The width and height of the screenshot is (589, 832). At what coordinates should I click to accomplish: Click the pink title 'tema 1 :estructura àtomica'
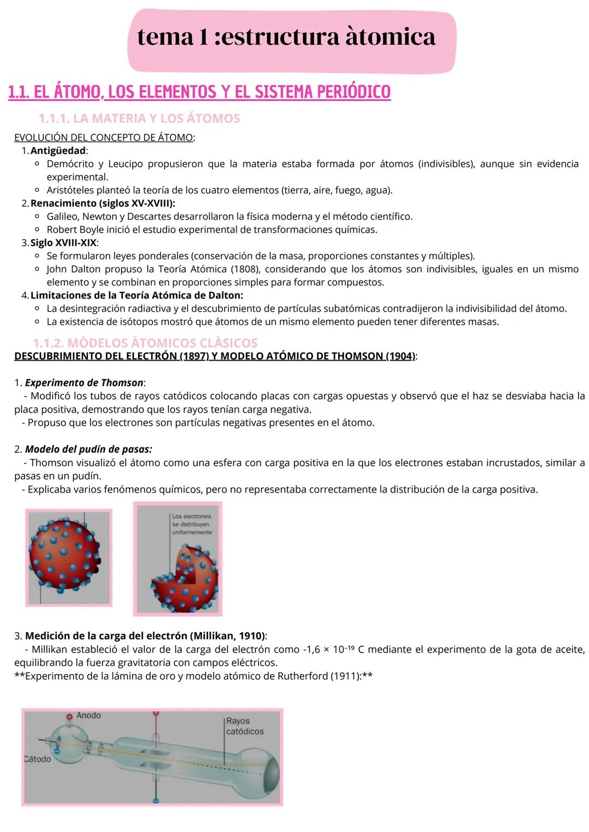tap(286, 37)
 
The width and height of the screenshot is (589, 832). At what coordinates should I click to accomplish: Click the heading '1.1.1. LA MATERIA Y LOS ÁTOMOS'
tap(139, 118)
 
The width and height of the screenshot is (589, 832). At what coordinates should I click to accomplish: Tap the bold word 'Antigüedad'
tap(58, 150)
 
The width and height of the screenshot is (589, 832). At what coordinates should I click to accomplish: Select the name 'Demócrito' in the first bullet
tap(70, 164)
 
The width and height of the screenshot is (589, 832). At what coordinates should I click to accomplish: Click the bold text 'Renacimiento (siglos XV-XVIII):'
tap(103, 203)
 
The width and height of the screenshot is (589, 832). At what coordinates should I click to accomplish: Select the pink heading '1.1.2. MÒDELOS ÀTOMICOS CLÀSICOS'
tap(145, 343)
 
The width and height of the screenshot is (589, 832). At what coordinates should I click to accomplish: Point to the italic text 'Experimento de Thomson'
tap(84, 382)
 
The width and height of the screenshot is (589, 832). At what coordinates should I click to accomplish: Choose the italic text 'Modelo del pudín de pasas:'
tap(88, 450)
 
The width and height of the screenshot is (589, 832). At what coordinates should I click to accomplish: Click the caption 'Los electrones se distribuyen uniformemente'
tap(192, 524)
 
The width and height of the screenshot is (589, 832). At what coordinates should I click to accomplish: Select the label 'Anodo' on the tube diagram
tap(88, 715)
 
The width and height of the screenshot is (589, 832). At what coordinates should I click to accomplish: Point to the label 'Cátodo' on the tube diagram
tap(38, 759)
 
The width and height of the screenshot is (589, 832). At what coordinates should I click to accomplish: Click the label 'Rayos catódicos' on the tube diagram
tap(244, 726)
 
